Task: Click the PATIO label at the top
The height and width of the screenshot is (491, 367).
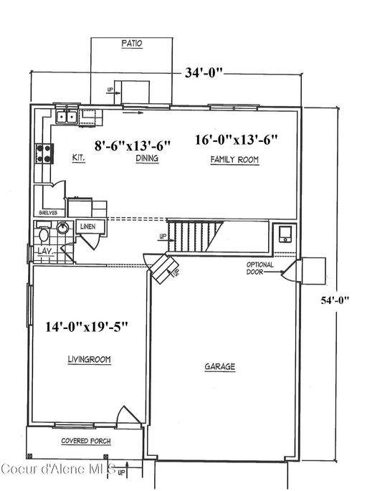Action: (131, 43)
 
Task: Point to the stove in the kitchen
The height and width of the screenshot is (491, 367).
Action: (42, 153)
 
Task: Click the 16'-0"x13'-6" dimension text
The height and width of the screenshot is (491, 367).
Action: (235, 140)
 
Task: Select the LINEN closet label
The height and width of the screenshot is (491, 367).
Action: (87, 227)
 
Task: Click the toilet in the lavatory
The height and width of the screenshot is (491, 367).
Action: (44, 234)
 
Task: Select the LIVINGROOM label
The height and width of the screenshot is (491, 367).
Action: (89, 360)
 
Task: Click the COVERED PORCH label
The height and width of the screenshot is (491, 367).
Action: (85, 440)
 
